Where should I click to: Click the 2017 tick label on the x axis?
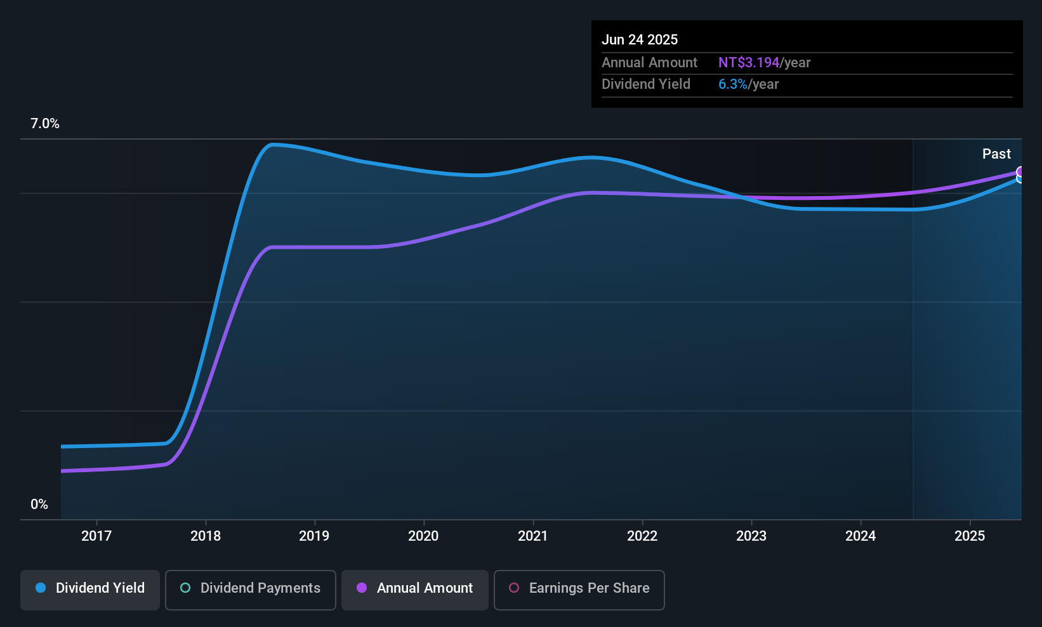(96, 536)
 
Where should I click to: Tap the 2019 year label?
(314, 536)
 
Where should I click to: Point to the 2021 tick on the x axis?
(532, 536)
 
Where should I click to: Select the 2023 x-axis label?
(751, 536)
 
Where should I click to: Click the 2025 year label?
(970, 536)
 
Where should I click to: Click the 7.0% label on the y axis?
(45, 124)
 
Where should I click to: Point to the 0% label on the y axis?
(39, 505)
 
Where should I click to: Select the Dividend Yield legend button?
(90, 588)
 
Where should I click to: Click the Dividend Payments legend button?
(251, 588)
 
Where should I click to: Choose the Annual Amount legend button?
(415, 588)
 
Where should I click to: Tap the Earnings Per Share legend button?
(579, 588)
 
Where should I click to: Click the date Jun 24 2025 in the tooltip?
(640, 40)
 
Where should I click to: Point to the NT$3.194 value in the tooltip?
(749, 63)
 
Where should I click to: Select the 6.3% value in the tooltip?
(733, 84)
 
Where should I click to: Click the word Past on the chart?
(996, 154)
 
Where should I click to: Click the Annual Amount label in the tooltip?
(649, 63)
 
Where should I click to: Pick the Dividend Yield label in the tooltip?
(646, 84)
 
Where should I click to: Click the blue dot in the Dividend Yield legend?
(41, 588)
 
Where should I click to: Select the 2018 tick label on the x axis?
(206, 536)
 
